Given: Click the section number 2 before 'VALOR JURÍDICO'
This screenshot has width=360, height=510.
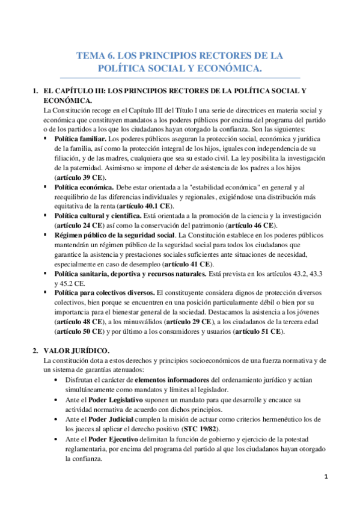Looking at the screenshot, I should (35, 351).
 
